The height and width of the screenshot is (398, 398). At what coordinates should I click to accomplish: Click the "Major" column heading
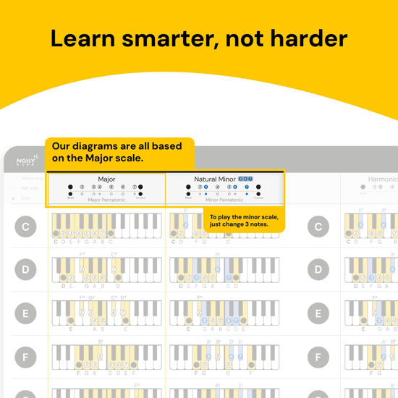coord(106,179)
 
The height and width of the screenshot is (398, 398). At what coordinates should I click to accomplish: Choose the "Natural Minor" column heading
coord(215,179)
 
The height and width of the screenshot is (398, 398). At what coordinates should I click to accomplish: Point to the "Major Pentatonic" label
coord(106,200)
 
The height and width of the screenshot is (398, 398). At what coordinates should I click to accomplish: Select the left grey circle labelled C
coord(25,227)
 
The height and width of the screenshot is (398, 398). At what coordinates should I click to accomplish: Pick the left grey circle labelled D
coord(25,271)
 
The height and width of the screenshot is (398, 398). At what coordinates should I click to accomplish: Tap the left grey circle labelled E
coord(25,313)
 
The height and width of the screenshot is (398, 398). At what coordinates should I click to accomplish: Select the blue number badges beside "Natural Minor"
coord(246,179)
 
